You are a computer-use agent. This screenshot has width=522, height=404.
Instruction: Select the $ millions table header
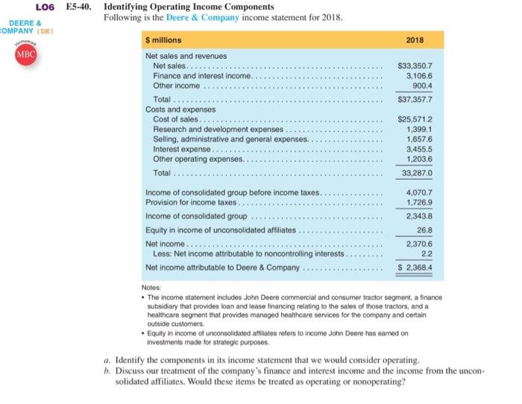coord(169,39)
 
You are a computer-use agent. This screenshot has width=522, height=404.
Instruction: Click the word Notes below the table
coord(151,286)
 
